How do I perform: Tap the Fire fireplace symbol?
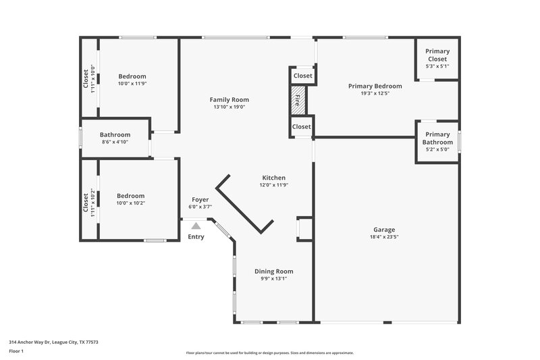298,101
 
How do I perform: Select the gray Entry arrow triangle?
196,226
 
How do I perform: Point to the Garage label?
385,230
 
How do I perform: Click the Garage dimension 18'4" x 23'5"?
385,237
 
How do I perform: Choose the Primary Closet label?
437,55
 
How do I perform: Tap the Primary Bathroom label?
437,138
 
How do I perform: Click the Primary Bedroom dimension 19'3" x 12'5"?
375,93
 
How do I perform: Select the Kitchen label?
273,178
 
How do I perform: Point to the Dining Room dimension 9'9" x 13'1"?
273,278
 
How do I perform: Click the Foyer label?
200,199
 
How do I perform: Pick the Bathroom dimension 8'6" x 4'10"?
115,142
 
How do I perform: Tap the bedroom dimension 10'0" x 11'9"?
132,84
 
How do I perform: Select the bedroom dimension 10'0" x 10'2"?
131,203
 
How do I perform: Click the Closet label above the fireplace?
303,76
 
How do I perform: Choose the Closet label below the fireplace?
302,126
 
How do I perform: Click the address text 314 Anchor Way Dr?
53,342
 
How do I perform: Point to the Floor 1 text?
16,351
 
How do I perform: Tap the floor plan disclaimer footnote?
269,353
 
